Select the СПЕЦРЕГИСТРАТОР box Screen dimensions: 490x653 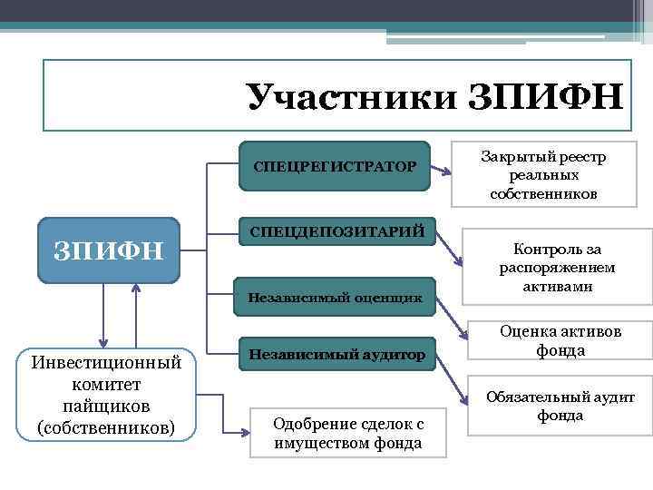335,166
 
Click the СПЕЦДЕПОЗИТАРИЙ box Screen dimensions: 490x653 336,232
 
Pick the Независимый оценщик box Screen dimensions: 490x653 335,296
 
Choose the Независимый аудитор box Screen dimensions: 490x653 336,355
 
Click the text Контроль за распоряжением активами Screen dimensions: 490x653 557,268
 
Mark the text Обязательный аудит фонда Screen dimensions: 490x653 560,406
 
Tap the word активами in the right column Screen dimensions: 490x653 557,286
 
